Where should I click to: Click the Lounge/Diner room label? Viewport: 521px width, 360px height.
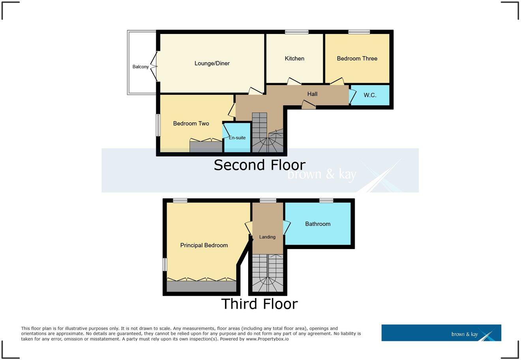(212, 63)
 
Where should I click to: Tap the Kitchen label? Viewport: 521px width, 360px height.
(294, 58)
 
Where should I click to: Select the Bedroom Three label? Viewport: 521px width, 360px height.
(357, 58)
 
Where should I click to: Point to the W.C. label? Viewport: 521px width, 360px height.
(370, 95)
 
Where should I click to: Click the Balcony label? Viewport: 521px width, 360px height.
(141, 67)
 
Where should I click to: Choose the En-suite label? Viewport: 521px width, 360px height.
(237, 138)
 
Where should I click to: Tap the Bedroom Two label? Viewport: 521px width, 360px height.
(191, 124)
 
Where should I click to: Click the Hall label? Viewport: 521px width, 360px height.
(312, 94)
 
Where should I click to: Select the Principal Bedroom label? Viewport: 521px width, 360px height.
(204, 245)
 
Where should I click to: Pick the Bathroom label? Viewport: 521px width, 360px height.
(318, 224)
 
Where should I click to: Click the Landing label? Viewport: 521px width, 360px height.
(267, 237)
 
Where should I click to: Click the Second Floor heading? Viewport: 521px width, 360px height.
(259, 165)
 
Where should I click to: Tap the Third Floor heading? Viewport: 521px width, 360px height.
(259, 304)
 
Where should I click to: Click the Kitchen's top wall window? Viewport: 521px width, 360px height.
(297, 32)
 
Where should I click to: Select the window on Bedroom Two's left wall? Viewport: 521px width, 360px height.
(158, 125)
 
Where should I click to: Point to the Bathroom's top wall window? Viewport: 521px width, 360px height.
(326, 201)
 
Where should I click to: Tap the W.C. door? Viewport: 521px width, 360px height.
(352, 96)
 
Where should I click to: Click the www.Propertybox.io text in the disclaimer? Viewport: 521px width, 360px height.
(267, 339)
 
